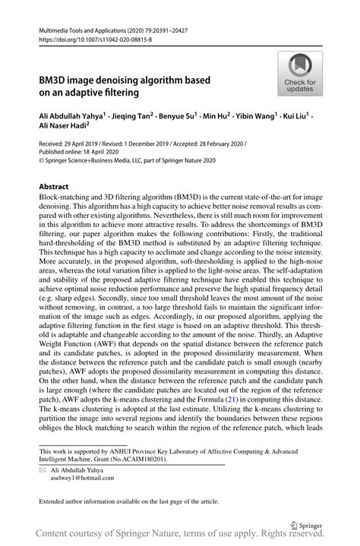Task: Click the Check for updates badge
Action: [x=300, y=74]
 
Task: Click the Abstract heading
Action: [x=55, y=186]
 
